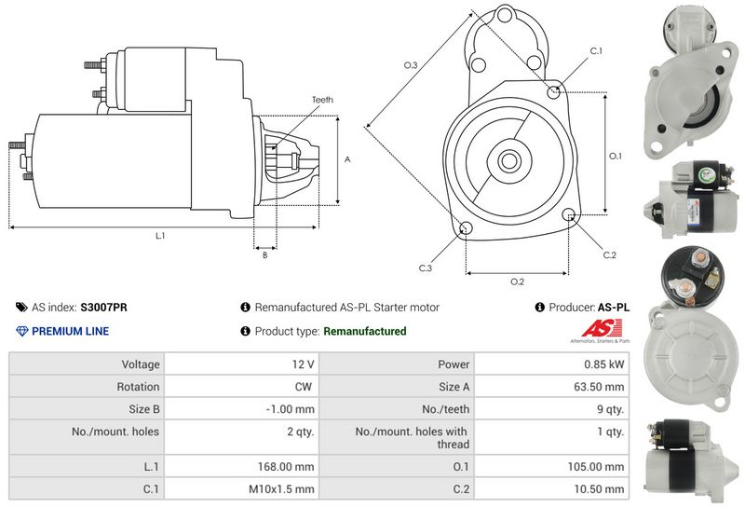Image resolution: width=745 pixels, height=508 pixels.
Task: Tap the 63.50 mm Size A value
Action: [601, 387]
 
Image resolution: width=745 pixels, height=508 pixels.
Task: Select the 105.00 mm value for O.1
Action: [601, 466]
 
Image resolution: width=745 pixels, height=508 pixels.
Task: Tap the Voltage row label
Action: [140, 364]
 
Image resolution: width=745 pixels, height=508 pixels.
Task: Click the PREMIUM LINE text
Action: [70, 331]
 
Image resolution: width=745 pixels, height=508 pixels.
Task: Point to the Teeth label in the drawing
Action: [322, 100]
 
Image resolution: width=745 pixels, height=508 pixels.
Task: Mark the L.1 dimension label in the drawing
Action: [160, 236]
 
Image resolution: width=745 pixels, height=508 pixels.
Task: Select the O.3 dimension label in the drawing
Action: [410, 64]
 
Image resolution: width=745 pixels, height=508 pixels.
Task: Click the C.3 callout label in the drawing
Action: [425, 268]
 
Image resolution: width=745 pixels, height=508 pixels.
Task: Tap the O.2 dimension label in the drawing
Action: [517, 281]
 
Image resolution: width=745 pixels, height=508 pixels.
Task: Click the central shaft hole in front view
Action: [509, 160]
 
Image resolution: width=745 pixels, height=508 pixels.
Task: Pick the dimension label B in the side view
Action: [264, 254]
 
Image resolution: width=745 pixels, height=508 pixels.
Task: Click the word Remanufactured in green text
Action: [364, 331]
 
